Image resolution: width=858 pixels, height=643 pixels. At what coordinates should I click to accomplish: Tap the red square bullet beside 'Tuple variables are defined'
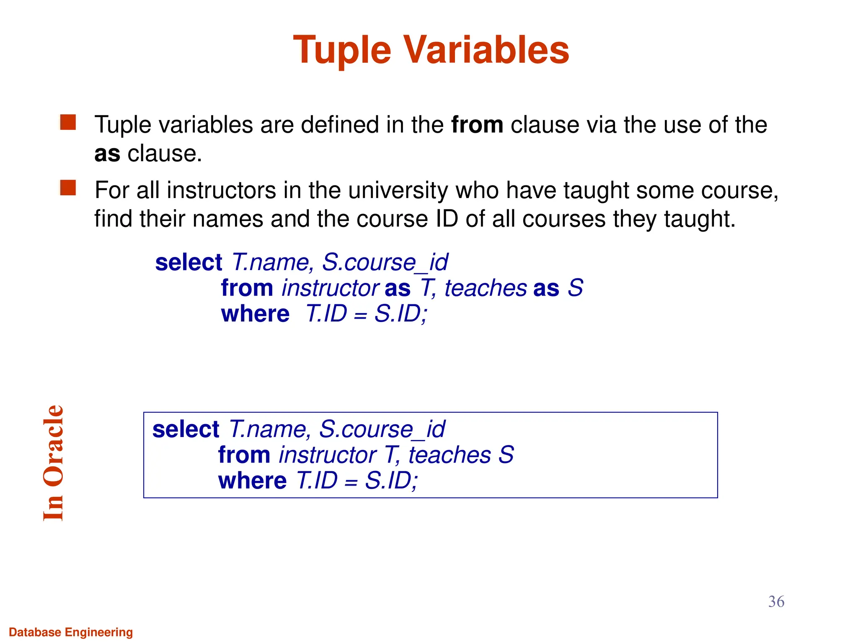(68, 123)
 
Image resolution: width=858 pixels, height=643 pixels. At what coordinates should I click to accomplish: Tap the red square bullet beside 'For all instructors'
(68, 188)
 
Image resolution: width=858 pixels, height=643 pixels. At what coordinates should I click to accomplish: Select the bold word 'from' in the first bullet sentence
(477, 125)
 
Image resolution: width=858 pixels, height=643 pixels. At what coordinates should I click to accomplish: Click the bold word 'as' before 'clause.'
(107, 154)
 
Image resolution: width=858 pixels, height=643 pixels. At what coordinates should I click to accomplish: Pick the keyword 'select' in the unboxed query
(189, 263)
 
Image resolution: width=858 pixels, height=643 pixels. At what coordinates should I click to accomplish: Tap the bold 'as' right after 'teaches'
(546, 288)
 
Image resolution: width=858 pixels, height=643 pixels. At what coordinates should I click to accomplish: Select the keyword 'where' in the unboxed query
(255, 314)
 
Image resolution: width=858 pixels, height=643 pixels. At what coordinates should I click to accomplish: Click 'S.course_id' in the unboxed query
(385, 263)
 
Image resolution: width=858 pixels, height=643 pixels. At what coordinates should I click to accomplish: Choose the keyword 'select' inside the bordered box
(186, 430)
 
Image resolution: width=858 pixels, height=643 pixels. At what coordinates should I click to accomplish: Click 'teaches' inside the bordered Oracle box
(450, 455)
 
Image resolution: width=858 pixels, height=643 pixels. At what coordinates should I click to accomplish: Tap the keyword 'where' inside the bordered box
(252, 481)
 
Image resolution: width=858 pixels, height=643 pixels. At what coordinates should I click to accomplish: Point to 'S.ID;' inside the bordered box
(391, 481)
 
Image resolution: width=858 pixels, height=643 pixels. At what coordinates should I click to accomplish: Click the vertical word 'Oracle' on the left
(54, 445)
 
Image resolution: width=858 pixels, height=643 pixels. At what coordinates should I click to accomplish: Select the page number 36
(776, 602)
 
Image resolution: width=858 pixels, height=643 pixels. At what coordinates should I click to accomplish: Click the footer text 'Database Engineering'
(71, 632)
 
